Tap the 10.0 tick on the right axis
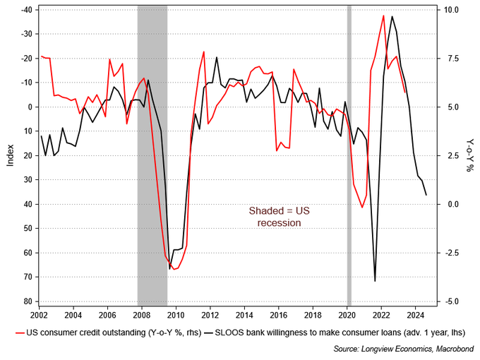(x=452, y=10)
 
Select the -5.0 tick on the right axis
(x=452, y=301)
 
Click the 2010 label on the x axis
(x=176, y=315)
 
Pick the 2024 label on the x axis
(x=415, y=315)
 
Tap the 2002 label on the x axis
(x=40, y=315)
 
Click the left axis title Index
(x=11, y=155)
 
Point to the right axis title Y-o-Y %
(x=469, y=155)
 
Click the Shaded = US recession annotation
(x=280, y=217)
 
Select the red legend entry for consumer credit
(x=109, y=332)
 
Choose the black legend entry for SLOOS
(x=335, y=332)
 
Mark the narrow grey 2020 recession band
(x=349, y=155)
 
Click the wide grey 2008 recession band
(x=152, y=155)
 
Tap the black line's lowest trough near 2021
(x=375, y=281)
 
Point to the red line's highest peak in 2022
(x=383, y=16)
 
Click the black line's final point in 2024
(x=426, y=195)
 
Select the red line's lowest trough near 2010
(x=174, y=270)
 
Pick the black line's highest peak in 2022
(x=392, y=16)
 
